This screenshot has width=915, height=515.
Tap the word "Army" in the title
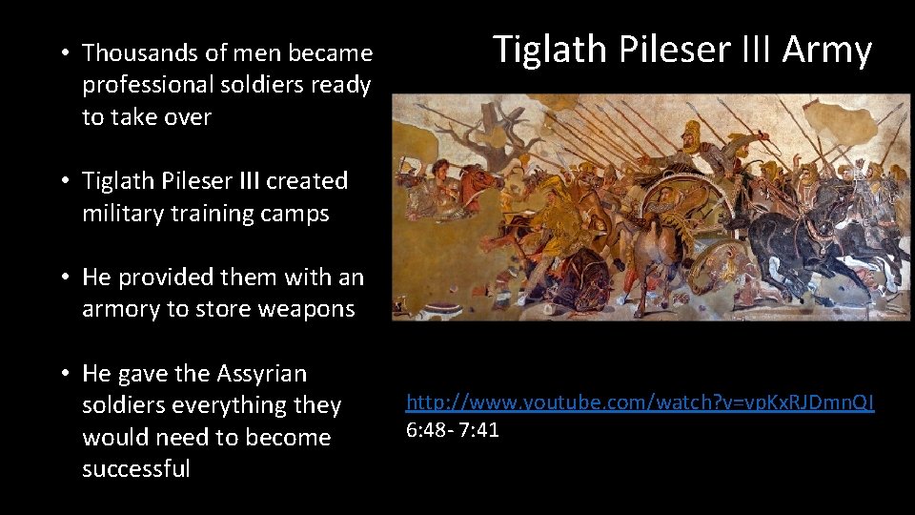[x=826, y=50]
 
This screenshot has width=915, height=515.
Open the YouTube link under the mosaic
[x=640, y=403]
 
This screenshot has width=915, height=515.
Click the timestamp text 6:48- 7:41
[x=453, y=430]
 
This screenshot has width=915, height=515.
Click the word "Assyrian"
[x=262, y=373]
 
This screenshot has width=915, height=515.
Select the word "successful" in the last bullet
[x=136, y=469]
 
